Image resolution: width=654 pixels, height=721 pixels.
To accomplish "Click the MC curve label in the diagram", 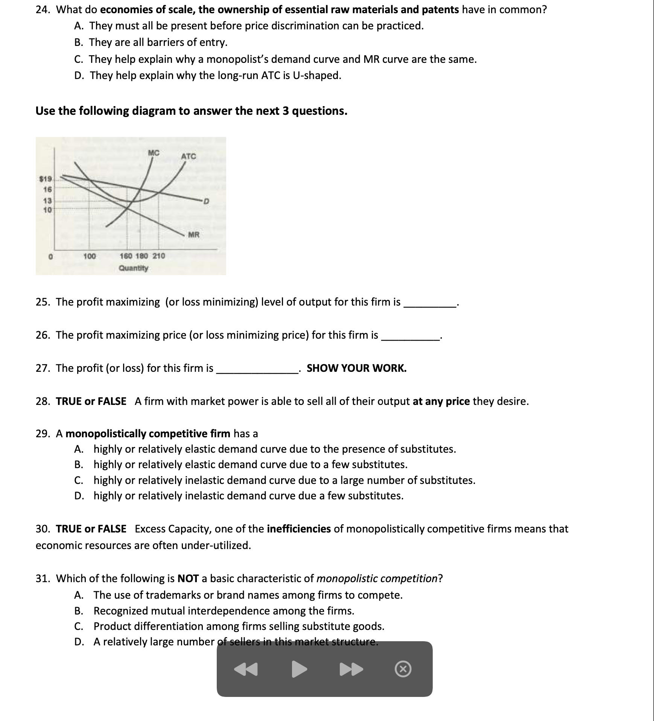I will (154, 153).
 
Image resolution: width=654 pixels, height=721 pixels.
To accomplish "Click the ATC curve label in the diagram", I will (189, 156).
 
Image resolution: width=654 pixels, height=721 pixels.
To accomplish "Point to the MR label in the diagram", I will (193, 235).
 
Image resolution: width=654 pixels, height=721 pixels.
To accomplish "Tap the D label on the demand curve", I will (205, 202).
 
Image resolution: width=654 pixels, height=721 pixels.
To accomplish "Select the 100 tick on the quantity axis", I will (90, 256).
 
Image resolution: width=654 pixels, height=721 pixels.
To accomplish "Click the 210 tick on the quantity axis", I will (159, 256).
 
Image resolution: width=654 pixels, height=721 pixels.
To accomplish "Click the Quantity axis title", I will (134, 268).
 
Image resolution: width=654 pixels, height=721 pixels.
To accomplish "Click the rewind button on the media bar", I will (246, 669).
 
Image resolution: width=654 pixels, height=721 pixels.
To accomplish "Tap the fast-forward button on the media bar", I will (351, 669).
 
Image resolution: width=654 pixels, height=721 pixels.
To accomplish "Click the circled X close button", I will (403, 669).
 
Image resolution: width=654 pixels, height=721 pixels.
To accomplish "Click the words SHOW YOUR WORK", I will (356, 368).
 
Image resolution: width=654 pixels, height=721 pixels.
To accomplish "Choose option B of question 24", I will (151, 42).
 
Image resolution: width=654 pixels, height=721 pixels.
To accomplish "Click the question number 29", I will (43, 434).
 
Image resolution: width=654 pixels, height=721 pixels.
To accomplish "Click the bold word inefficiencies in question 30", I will (298, 529).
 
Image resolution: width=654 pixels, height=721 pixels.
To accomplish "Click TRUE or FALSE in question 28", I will (91, 401).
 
